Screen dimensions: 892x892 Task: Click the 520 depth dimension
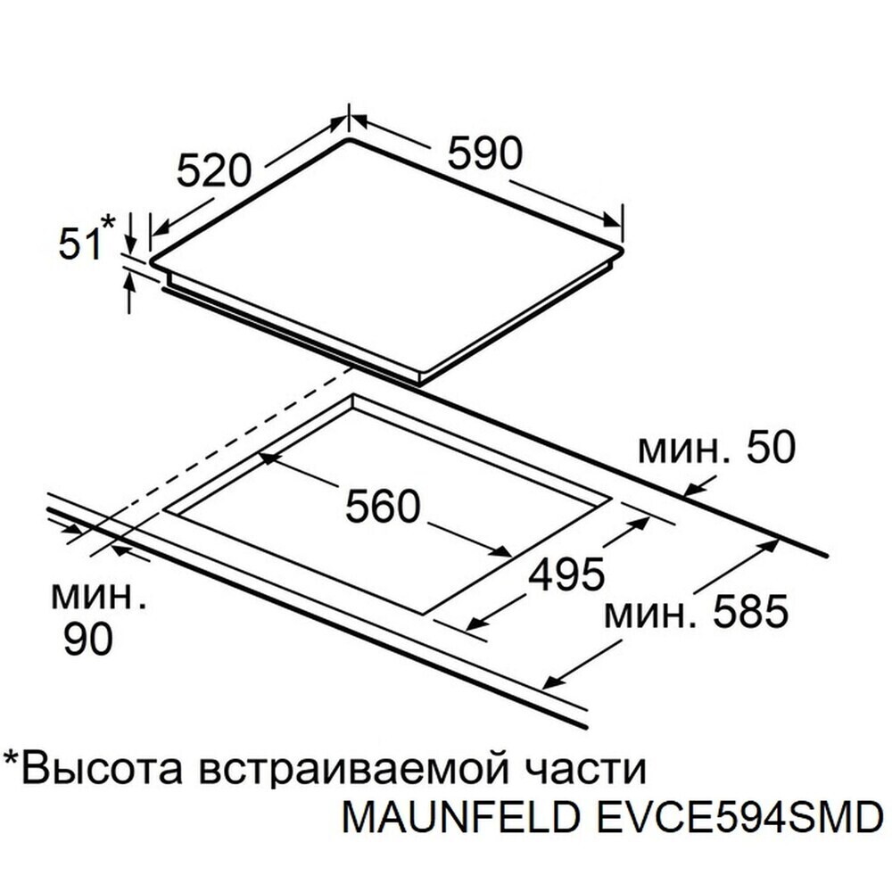coord(213,170)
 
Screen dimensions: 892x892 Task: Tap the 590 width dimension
coord(484,152)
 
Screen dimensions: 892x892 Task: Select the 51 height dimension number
coord(79,244)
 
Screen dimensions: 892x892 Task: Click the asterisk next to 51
coord(108,221)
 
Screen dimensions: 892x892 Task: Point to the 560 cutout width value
coord(383,506)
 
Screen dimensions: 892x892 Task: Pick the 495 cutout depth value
coord(566,574)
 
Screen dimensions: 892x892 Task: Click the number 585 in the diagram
coord(750,612)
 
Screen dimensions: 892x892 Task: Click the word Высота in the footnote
coord(103,769)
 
